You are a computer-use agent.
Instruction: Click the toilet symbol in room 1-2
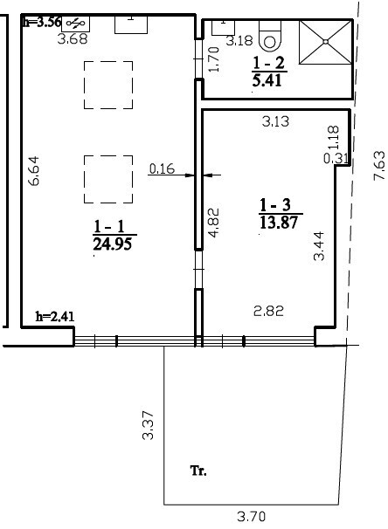pyautogui.click(x=270, y=36)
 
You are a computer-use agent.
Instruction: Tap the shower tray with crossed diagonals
pyautogui.click(x=326, y=42)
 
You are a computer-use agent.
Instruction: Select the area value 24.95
pyautogui.click(x=112, y=244)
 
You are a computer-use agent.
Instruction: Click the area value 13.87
pyautogui.click(x=279, y=223)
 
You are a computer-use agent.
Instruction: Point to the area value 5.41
pyautogui.click(x=267, y=80)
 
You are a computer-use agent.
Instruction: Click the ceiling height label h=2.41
pyautogui.click(x=55, y=317)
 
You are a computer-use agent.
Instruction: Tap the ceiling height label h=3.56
pyautogui.click(x=42, y=23)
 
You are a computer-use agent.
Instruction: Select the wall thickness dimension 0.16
pyautogui.click(x=162, y=168)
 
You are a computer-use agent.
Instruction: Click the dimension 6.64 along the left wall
pyautogui.click(x=34, y=171)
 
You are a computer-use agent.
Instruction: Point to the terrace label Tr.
pyautogui.click(x=199, y=471)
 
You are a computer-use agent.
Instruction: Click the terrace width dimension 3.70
pyautogui.click(x=252, y=516)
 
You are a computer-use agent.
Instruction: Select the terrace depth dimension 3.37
pyautogui.click(x=148, y=425)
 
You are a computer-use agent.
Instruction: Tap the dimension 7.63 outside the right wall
pyautogui.click(x=379, y=165)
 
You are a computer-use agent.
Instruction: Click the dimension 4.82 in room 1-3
pyautogui.click(x=214, y=223)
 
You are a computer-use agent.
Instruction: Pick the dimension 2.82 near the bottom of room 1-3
pyautogui.click(x=269, y=311)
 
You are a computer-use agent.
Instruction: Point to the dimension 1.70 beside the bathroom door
pyautogui.click(x=214, y=59)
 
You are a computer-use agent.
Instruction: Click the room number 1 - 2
pyautogui.click(x=269, y=63)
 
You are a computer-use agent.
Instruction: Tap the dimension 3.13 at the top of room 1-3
pyautogui.click(x=276, y=121)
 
